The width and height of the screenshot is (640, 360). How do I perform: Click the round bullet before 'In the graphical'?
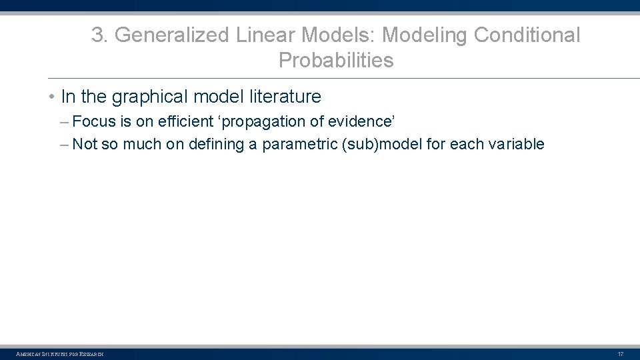[51, 97]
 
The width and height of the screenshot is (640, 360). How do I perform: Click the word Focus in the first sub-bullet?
[94, 121]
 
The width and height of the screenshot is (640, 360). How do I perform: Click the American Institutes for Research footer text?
[59, 354]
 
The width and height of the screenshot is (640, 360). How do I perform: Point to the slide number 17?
[621, 354]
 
